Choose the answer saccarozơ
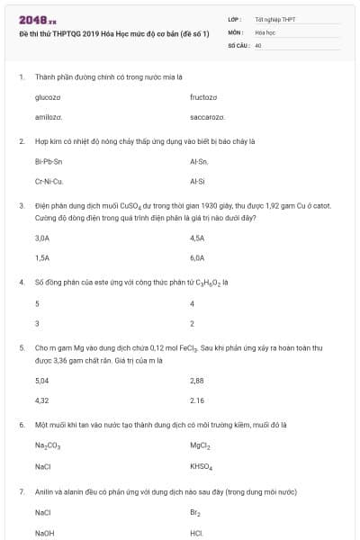coord(208,118)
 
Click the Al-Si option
coord(199,182)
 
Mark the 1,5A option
coord(41,257)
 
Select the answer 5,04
coord(41,380)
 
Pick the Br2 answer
coord(195,513)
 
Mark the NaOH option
coord(44,534)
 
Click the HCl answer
coord(197,534)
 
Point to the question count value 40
coord(258,44)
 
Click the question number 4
coord(21,282)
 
